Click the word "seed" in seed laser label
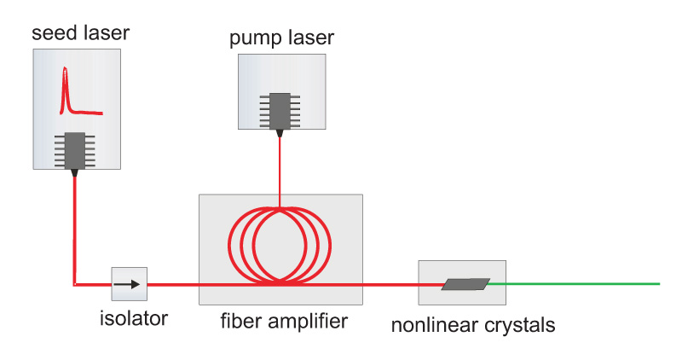click(x=49, y=34)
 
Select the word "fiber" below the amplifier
click(x=240, y=322)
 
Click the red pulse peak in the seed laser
click(x=64, y=77)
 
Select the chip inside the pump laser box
click(x=279, y=109)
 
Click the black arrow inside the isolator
click(x=130, y=284)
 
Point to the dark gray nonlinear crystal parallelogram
click(x=465, y=284)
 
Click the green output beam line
click(x=580, y=283)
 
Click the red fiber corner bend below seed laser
click(x=75, y=283)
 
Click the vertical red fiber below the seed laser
click(x=75, y=230)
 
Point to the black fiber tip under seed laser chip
click(x=75, y=172)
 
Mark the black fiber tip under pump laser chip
click(x=279, y=131)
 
